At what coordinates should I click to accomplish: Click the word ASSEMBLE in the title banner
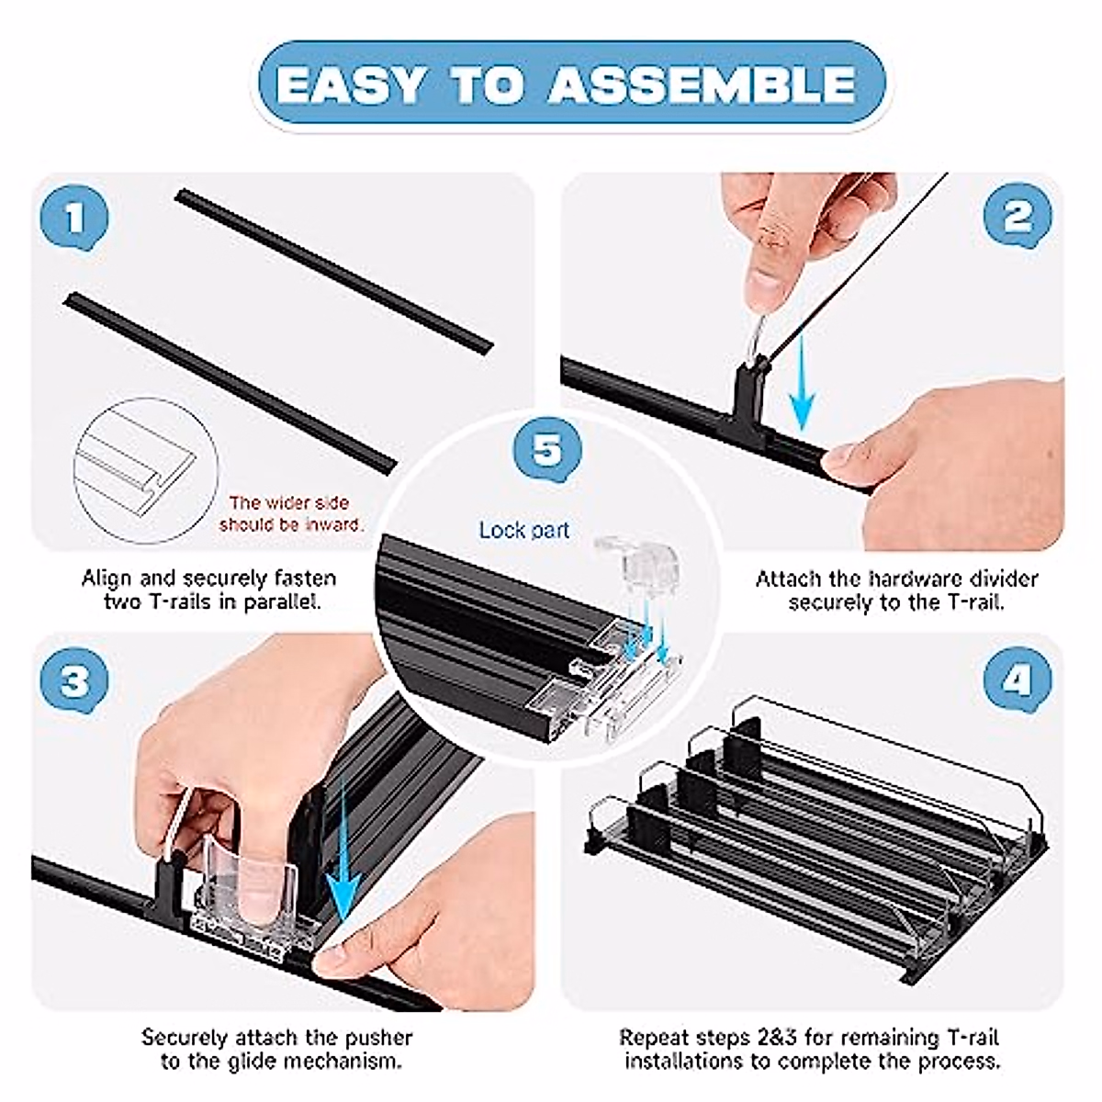702,85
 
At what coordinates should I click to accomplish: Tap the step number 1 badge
74,218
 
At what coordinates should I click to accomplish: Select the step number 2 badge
1018,216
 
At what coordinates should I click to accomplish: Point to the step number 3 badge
74,681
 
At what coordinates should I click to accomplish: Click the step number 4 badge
1018,680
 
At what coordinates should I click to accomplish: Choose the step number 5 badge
547,449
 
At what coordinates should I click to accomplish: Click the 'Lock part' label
523,530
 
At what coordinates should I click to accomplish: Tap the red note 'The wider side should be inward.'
291,513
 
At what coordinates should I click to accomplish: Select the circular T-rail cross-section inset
145,471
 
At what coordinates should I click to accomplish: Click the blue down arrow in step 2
802,382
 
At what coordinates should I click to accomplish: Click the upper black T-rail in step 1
334,272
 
